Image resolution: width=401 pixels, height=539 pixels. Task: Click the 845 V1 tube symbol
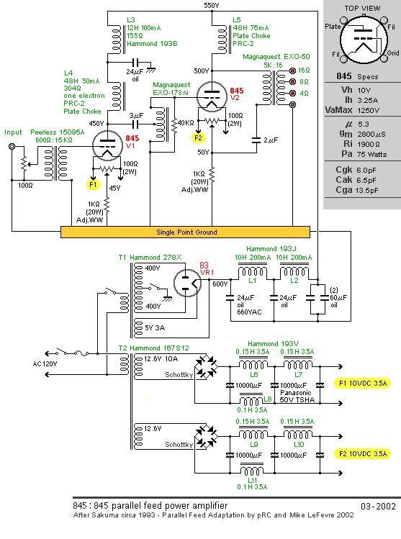pos(108,145)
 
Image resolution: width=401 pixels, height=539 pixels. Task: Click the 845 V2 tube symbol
pos(212,96)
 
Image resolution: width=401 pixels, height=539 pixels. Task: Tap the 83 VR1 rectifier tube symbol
pos(187,283)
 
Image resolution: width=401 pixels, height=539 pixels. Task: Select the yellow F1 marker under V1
pos(93,185)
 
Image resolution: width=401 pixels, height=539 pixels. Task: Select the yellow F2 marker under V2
pos(199,138)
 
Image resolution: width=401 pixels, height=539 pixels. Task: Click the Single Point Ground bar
pos(185,232)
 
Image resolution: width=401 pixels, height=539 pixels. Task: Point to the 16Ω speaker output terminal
pos(292,71)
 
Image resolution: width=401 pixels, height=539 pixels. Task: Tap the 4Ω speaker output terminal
pos(292,93)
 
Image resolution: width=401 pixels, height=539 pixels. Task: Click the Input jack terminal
pos(12,147)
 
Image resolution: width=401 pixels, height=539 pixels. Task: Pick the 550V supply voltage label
pos(211,5)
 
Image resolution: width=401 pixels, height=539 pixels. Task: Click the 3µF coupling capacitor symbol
pos(137,124)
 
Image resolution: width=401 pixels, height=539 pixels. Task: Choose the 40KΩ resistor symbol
pos(174,124)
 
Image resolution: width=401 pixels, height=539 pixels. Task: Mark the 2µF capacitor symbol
pos(256,140)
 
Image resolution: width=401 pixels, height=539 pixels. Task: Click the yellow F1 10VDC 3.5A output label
pos(362,384)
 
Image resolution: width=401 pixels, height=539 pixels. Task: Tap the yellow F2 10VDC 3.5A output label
pos(362,454)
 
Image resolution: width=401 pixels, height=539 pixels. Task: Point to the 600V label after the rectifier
pos(220,284)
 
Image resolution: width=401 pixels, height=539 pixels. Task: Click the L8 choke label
pos(268,399)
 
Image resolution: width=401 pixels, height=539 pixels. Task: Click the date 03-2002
pos(378,506)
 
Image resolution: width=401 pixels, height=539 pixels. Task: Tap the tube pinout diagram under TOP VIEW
pos(363,40)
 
